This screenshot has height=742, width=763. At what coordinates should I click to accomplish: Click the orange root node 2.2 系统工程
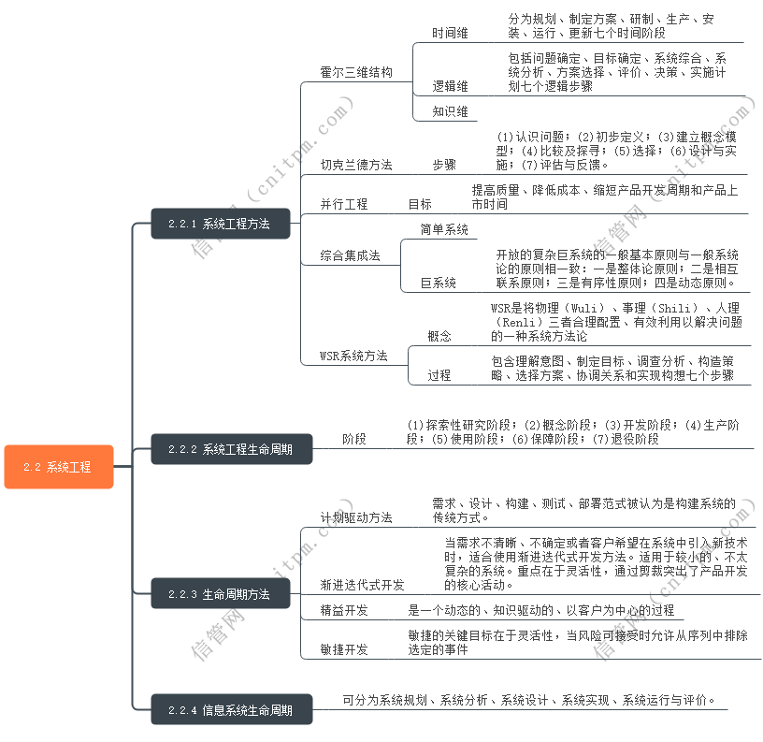tap(58, 467)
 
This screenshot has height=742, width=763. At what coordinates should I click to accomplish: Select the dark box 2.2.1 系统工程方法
tap(220, 225)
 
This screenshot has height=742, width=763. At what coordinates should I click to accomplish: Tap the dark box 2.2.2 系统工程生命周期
tap(231, 449)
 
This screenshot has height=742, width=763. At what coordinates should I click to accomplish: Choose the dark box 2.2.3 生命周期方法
tap(220, 594)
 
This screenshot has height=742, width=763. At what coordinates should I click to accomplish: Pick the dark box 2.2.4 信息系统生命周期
tap(231, 710)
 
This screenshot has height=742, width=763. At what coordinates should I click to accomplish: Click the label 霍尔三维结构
tap(355, 72)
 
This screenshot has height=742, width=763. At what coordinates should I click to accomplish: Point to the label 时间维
tap(450, 33)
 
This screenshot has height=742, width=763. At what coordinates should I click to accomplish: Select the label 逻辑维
tap(450, 86)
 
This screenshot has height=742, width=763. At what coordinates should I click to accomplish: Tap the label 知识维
tap(450, 111)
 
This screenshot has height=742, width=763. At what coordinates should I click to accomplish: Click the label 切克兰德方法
tap(355, 165)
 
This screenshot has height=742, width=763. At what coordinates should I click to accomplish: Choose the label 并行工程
tap(343, 204)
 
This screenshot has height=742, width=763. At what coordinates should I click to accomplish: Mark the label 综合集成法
tap(349, 255)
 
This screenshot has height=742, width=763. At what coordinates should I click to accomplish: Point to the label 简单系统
tap(443, 229)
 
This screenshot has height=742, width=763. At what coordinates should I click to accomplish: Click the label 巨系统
tap(438, 283)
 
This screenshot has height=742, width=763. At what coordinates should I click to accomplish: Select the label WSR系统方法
tap(353, 356)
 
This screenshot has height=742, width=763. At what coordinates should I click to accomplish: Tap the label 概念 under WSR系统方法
tap(439, 336)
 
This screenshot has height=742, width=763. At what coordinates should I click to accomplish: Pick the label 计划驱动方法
tap(355, 517)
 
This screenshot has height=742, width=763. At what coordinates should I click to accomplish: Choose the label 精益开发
tap(343, 610)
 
